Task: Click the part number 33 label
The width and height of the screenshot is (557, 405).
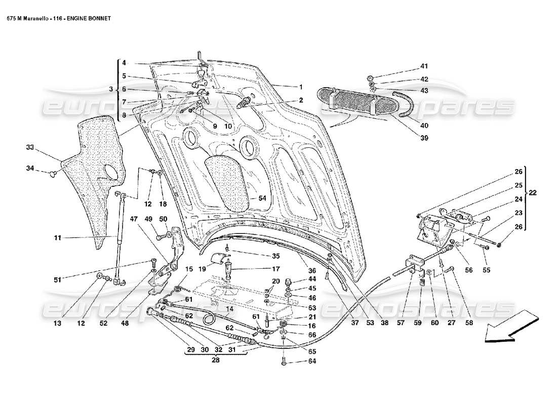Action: [30, 147]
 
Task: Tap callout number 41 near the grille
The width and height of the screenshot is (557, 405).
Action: [423, 66]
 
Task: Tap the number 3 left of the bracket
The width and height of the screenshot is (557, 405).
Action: [111, 90]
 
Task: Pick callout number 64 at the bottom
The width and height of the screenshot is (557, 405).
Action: [311, 361]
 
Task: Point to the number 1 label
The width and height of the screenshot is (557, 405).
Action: [300, 87]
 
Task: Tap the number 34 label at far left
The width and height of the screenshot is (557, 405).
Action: [30, 168]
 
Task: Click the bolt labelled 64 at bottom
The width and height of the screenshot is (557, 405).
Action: [284, 361]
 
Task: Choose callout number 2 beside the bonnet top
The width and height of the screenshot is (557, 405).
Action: [301, 100]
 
